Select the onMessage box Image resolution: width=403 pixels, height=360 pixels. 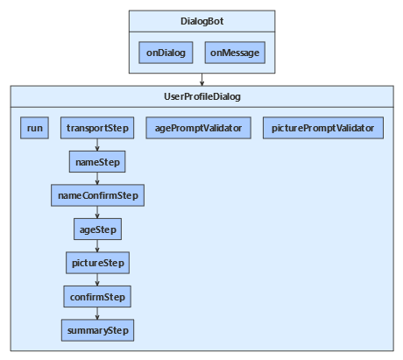(x=235, y=53)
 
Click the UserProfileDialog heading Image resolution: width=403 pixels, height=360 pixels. (x=201, y=95)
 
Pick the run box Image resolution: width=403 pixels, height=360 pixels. (x=35, y=129)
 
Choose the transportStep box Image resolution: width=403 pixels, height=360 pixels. (x=97, y=129)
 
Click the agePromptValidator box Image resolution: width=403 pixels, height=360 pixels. (x=197, y=129)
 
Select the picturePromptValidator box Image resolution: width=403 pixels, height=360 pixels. (x=322, y=129)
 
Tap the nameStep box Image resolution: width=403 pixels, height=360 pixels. (x=97, y=162)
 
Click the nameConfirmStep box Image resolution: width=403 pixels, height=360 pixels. (x=97, y=195)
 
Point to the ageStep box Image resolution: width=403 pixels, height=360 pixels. (x=97, y=229)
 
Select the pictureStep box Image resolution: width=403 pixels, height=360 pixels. (x=97, y=263)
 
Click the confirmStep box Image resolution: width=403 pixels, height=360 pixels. (x=97, y=297)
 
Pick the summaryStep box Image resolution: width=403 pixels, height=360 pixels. (x=97, y=330)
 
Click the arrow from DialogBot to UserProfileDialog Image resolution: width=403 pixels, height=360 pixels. (x=201, y=80)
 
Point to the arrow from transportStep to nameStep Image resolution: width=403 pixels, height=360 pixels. (x=97, y=145)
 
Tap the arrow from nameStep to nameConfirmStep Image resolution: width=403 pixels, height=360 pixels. (x=97, y=179)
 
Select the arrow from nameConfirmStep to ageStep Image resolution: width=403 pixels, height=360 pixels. (x=97, y=213)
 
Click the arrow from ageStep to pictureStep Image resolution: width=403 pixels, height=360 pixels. (x=97, y=246)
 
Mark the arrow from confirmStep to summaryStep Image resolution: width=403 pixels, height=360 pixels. (x=97, y=314)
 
